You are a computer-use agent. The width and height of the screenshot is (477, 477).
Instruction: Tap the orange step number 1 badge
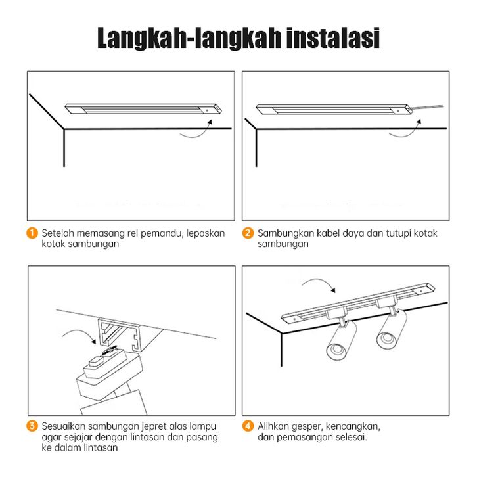point(32,233)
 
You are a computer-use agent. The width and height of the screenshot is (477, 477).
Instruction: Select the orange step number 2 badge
point(248,233)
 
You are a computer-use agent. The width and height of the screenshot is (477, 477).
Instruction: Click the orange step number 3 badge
point(32,426)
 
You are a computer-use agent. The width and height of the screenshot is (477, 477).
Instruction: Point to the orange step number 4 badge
point(248,426)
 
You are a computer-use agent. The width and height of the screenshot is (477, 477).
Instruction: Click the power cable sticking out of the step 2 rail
point(428,108)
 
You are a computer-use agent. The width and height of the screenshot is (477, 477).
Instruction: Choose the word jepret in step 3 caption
point(152,427)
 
